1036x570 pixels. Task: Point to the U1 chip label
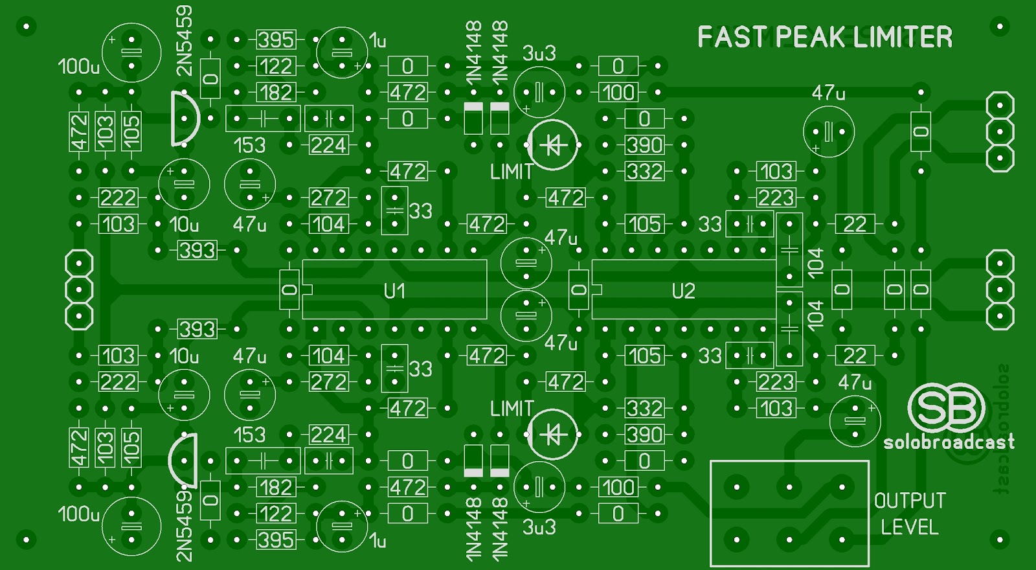point(394,291)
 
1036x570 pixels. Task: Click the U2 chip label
point(683,291)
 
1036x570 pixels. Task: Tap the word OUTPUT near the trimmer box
point(909,501)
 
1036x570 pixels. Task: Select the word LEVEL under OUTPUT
point(909,527)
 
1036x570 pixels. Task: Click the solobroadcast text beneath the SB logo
point(949,442)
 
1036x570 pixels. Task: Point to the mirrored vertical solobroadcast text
point(1001,427)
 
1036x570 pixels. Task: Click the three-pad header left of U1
point(79,290)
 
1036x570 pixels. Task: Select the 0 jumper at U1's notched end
point(289,290)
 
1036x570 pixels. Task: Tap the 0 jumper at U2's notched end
point(578,290)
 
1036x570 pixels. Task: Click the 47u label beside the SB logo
point(855,383)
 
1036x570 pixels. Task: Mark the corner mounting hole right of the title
point(1000,27)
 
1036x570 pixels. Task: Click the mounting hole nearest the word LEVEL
point(1000,539)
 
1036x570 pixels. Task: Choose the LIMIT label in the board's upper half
point(512,172)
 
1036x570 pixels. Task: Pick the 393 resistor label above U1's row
point(197,250)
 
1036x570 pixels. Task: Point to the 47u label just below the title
point(828,93)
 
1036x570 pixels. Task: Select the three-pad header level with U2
point(1000,290)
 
